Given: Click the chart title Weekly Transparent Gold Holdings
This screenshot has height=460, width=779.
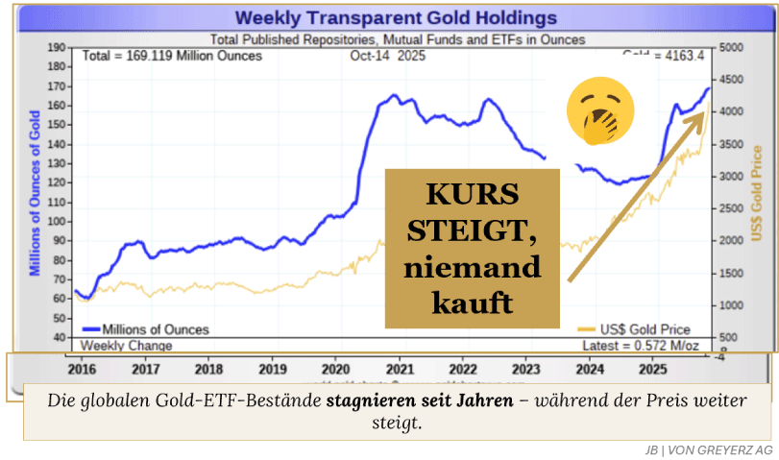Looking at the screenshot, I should coord(396,18).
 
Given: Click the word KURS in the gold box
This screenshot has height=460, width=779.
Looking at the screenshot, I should coord(472,194).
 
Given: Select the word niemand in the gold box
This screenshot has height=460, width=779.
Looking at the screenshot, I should coord(472,267).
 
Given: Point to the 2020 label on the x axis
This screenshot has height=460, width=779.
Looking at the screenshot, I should coord(335,369).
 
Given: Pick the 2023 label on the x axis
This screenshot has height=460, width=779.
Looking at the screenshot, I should coord(526,369).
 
